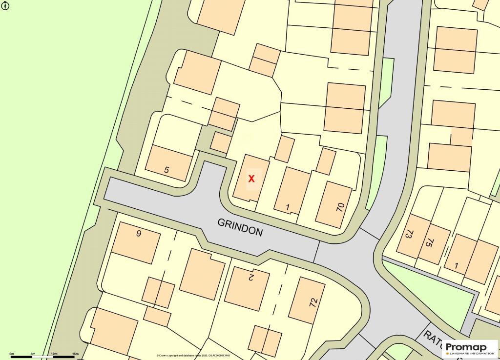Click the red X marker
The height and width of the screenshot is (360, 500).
[251, 179]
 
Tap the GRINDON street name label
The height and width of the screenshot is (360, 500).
[240, 227]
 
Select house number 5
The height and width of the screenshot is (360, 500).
[167, 170]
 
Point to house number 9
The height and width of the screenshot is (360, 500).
[139, 233]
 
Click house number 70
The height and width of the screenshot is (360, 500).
[340, 206]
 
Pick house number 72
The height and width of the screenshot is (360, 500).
[313, 302]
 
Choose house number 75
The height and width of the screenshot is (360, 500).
[429, 243]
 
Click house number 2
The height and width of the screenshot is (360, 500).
[251, 278]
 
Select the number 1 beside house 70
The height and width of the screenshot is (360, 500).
[288, 207]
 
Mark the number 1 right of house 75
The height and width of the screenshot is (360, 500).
[457, 266]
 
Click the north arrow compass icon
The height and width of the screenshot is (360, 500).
[5, 6]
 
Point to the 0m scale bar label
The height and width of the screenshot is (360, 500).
[12, 354]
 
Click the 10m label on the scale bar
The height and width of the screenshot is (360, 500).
[54, 354]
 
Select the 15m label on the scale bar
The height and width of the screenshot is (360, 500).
[75, 354]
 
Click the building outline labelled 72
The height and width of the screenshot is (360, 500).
[307, 300]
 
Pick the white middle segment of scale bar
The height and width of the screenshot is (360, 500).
[43, 357]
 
